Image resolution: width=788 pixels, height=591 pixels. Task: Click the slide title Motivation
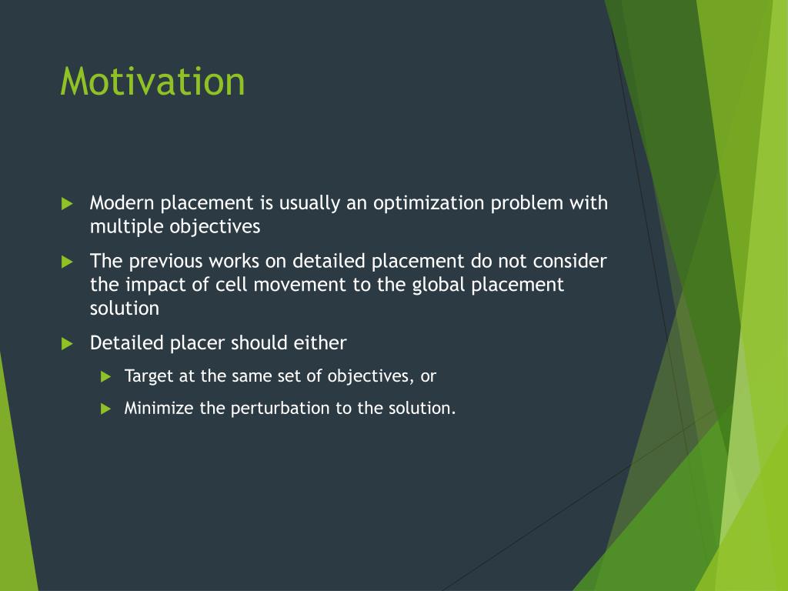pos(152,81)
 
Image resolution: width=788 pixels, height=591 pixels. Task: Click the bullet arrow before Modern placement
pos(68,203)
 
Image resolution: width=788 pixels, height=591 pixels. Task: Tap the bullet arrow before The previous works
pos(68,262)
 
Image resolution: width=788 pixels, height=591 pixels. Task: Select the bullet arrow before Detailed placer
pos(68,344)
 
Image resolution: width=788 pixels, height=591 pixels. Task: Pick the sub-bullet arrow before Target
pos(105,376)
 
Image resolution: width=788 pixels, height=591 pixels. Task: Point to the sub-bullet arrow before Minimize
pos(105,409)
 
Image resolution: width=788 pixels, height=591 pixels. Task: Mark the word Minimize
pos(159,408)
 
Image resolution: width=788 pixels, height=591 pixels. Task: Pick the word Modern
pos(122,203)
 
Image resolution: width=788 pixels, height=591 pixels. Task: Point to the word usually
pos(309,204)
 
